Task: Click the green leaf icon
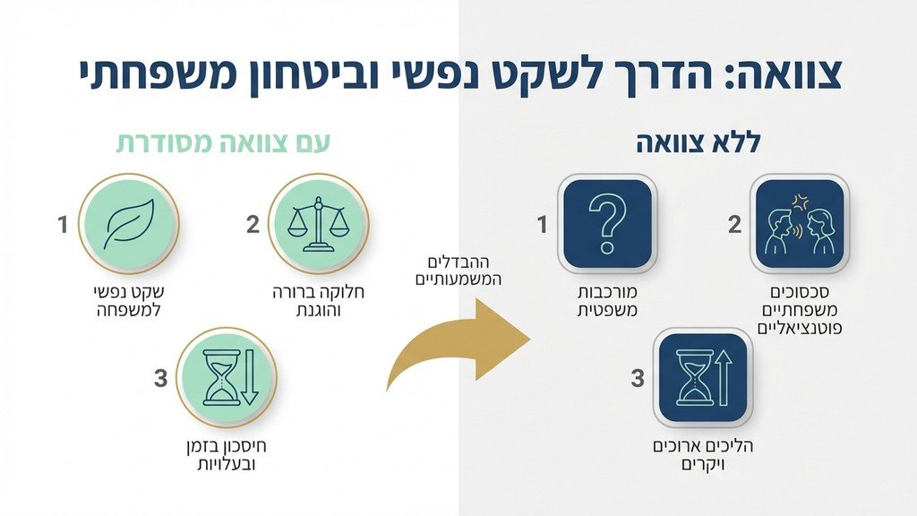click(128, 224)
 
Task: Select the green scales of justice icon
click(319, 224)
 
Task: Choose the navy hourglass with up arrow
click(703, 377)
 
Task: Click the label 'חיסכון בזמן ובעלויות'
click(225, 455)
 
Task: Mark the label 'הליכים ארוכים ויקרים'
click(703, 455)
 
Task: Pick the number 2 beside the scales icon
click(253, 225)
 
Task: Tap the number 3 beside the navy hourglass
click(638, 378)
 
